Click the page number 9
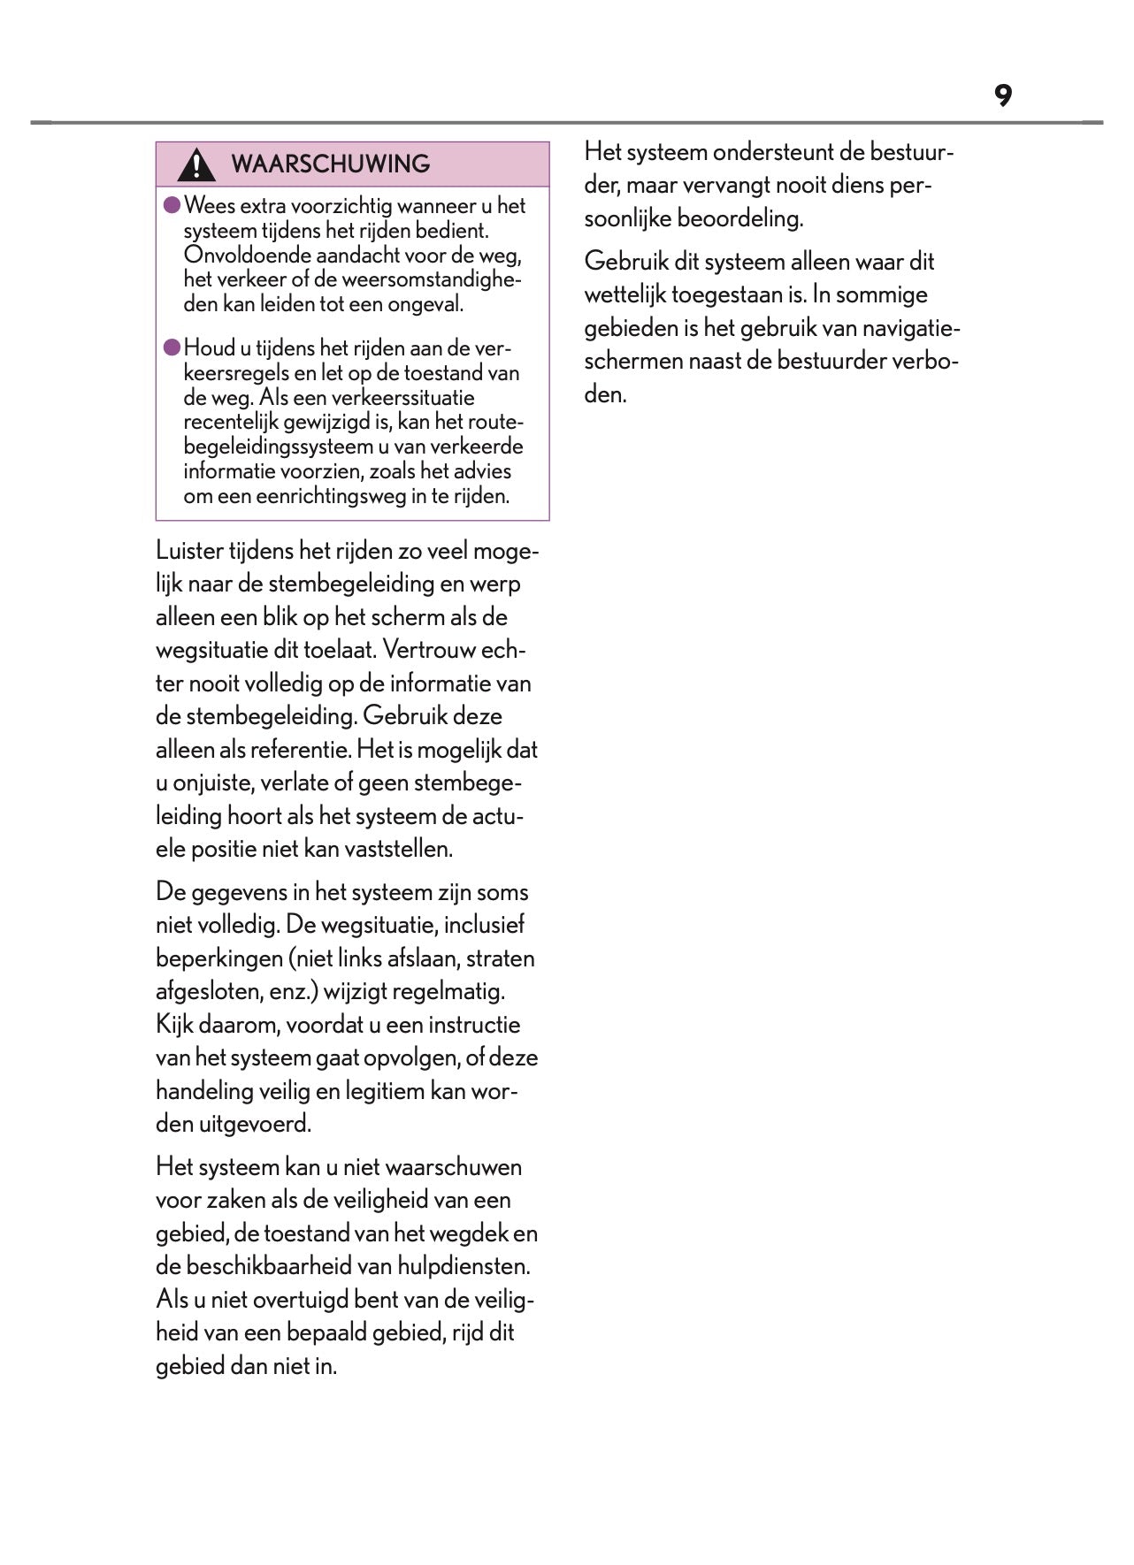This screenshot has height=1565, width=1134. pyautogui.click(x=1002, y=95)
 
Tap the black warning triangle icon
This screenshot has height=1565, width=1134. pyautogui.click(x=195, y=164)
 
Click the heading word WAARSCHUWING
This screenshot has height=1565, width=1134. pyautogui.click(x=330, y=164)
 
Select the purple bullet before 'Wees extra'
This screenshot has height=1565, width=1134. pyautogui.click(x=172, y=205)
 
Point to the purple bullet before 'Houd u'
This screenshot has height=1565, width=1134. pyautogui.click(x=172, y=347)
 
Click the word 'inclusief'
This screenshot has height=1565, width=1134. pyautogui.click(x=484, y=925)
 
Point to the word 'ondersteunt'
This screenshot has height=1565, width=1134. pyautogui.click(x=773, y=152)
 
